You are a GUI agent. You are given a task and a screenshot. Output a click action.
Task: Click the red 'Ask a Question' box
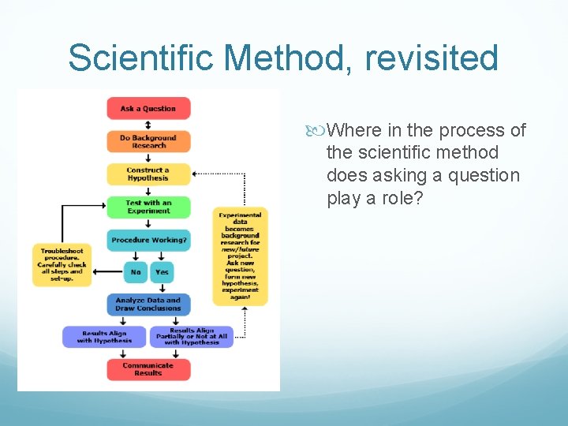[148, 109]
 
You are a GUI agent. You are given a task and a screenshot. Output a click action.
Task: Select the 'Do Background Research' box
[148, 141]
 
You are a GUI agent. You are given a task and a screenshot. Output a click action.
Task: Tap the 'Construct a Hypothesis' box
[148, 174]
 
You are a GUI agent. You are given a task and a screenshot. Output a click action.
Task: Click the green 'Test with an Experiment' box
[148, 207]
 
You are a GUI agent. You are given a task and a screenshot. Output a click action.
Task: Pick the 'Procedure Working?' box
[148, 240]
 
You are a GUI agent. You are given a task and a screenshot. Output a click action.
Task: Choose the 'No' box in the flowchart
[136, 272]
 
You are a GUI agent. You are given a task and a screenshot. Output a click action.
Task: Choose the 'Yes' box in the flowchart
[162, 272]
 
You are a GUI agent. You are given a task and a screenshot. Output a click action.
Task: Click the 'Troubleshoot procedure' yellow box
[62, 265]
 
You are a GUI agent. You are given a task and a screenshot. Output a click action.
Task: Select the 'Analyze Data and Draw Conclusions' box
[148, 305]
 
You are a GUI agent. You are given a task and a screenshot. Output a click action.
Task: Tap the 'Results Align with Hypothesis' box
[105, 337]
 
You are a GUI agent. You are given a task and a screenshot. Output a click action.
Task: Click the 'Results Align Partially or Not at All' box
[192, 337]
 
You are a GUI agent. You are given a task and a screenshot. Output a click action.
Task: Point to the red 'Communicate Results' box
[148, 369]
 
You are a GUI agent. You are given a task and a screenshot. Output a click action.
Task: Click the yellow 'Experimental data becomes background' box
[240, 256]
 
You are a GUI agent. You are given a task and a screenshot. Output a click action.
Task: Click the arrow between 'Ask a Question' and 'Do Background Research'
[148, 125]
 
